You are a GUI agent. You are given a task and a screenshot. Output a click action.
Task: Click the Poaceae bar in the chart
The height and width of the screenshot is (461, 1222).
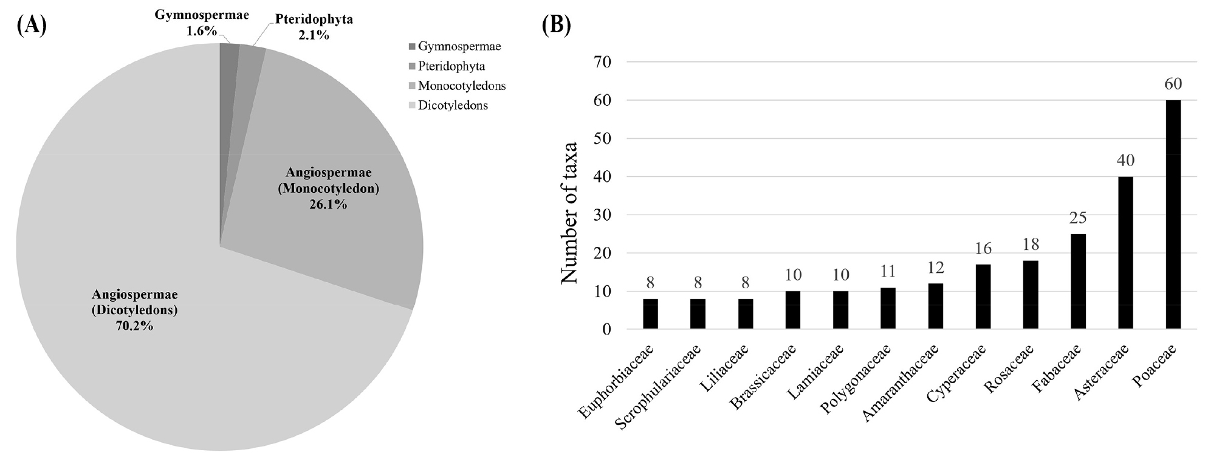click(x=1173, y=215)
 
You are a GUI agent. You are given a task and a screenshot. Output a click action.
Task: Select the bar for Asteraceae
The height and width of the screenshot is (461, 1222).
click(x=1125, y=253)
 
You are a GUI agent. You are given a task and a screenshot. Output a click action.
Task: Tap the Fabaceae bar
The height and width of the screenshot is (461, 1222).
click(x=1078, y=282)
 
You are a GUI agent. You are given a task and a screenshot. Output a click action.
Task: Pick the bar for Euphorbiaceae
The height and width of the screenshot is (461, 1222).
click(x=650, y=314)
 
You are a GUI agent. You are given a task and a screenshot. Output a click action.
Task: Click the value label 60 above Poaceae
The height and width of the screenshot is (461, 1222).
click(x=1173, y=85)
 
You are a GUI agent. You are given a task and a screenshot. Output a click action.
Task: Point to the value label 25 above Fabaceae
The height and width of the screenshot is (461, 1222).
click(x=1078, y=218)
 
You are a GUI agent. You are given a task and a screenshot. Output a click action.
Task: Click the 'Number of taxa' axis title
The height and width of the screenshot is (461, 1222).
click(x=568, y=212)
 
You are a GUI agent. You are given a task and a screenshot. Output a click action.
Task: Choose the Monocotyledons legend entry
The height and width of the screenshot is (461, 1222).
click(x=458, y=86)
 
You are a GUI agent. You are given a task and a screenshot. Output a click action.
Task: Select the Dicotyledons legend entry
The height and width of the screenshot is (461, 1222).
click(x=449, y=105)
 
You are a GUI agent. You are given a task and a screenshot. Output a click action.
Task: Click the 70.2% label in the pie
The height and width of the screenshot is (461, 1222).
click(x=135, y=327)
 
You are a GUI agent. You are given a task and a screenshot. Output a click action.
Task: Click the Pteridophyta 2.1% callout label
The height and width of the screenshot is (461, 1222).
click(x=314, y=27)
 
